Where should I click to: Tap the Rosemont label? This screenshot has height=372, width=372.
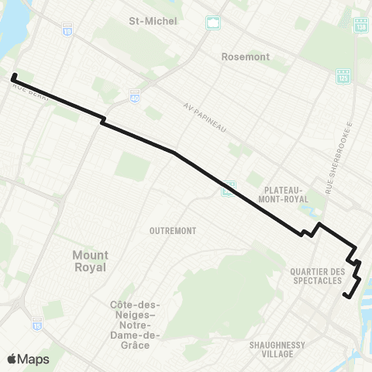(x=244, y=57)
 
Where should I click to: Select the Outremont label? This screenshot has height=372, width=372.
(x=174, y=230)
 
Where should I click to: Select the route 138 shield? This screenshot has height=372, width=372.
(x=360, y=26)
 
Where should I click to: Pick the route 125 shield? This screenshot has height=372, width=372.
(x=343, y=75)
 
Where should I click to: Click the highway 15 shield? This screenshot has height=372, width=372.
(x=36, y=321)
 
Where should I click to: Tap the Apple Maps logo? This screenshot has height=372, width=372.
(x=28, y=359)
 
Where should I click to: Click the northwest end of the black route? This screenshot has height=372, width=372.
(x=14, y=76)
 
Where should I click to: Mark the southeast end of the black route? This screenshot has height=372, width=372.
(x=344, y=295)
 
